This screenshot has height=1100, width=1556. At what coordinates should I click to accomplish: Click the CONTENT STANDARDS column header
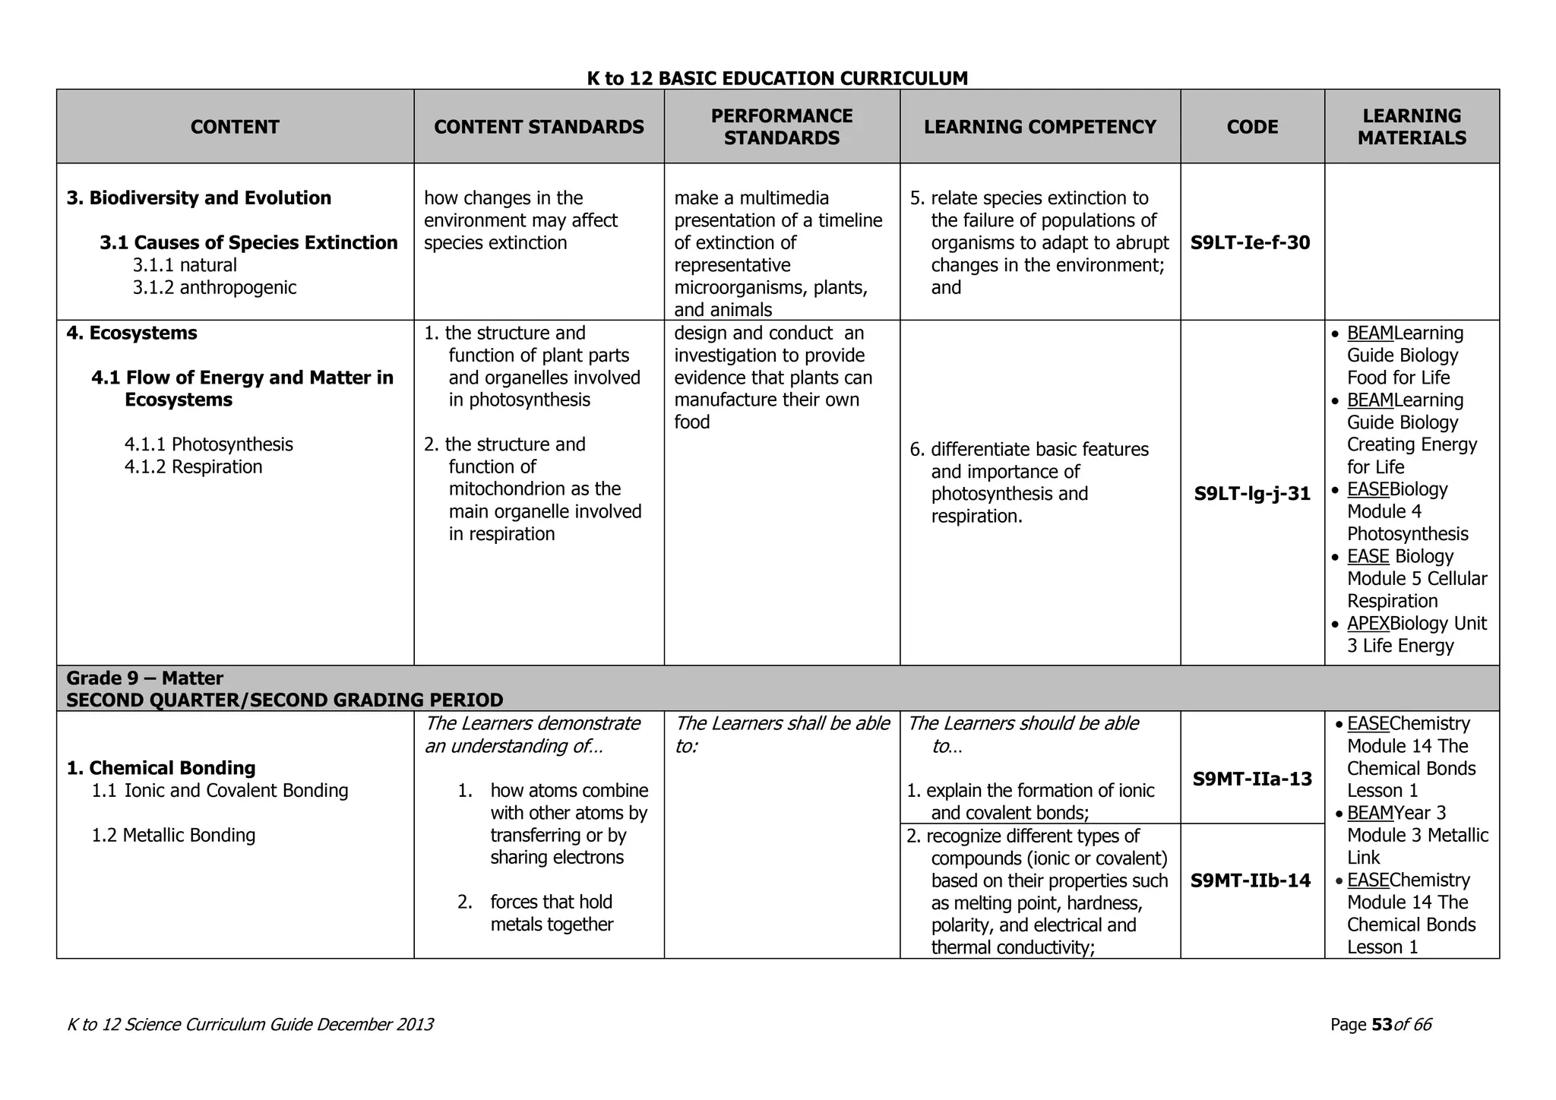(539, 127)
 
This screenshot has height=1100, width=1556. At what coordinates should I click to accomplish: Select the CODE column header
(1252, 127)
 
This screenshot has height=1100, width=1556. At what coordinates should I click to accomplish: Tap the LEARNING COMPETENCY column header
(1039, 127)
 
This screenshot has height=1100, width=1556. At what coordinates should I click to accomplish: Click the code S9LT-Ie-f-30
(1250, 243)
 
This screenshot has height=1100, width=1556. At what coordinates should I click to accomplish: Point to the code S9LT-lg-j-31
(1252, 494)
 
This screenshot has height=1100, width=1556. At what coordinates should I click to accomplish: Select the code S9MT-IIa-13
(1252, 779)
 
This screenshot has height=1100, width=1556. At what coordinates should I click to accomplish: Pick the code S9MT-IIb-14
(1250, 880)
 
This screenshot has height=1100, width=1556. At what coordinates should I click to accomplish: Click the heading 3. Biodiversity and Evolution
(199, 198)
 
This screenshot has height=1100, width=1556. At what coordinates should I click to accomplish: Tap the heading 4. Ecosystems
(131, 333)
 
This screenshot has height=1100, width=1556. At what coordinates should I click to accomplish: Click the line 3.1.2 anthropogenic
(214, 288)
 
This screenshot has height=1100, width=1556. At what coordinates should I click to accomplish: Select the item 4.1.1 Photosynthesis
(208, 444)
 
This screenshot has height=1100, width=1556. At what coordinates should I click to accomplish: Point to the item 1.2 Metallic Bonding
(173, 836)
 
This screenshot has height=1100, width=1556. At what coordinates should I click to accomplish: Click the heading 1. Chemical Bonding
(160, 768)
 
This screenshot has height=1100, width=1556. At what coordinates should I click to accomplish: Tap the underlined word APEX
(1368, 624)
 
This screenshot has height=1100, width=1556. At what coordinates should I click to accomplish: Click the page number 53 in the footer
(1381, 1025)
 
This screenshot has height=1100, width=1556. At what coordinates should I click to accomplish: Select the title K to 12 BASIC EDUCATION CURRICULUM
(777, 78)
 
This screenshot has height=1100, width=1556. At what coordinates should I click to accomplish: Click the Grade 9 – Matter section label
(144, 678)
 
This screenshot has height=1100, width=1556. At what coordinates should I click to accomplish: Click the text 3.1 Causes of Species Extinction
(248, 243)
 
